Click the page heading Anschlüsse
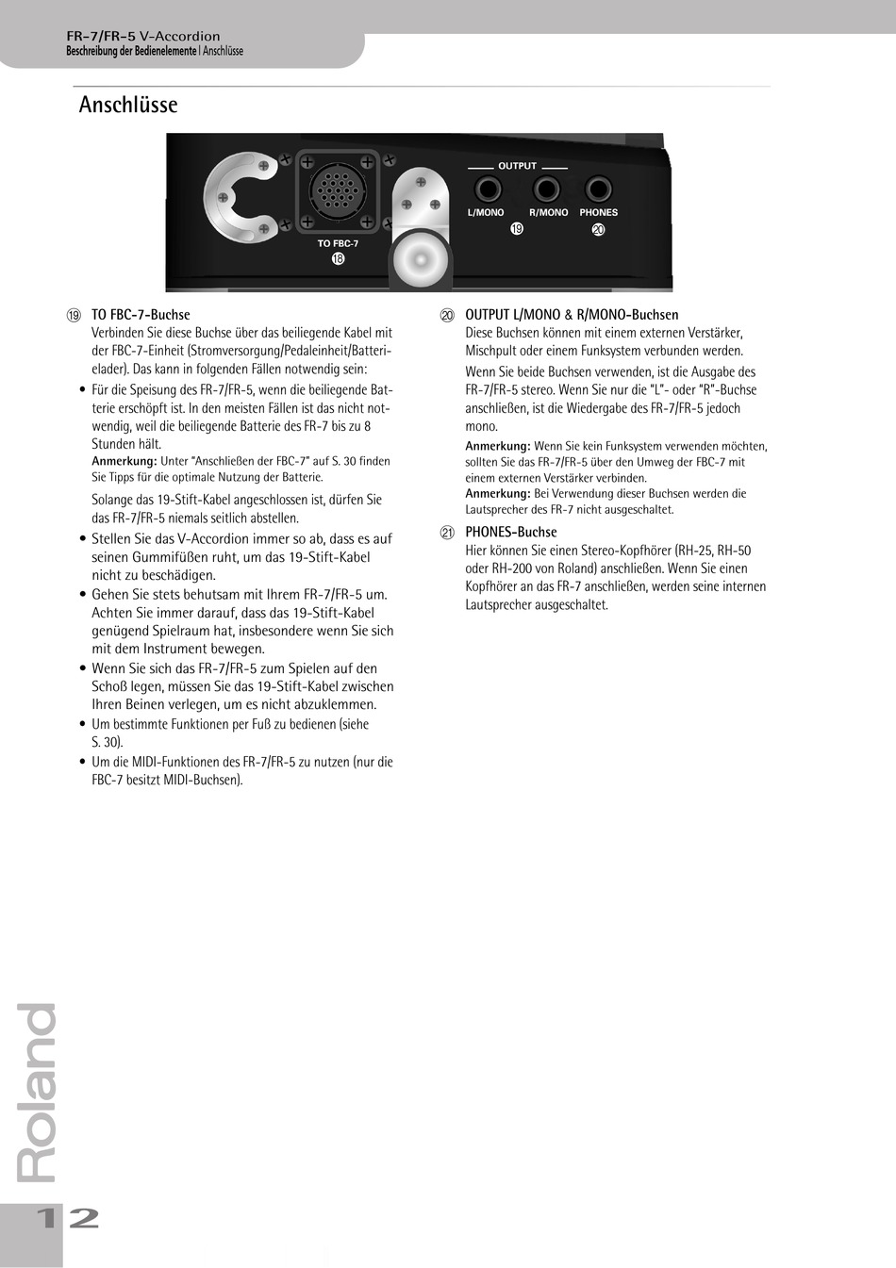pyautogui.click(x=128, y=105)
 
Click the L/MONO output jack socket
pyautogui.click(x=486, y=189)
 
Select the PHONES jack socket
pyautogui.click(x=598, y=189)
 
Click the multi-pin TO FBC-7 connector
pyautogui.click(x=338, y=190)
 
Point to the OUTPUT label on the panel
pyautogui.click(x=517, y=166)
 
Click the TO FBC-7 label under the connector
pyautogui.click(x=338, y=243)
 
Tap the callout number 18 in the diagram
pyautogui.click(x=338, y=258)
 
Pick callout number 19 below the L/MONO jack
pyautogui.click(x=516, y=229)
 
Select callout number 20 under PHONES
pyautogui.click(x=598, y=229)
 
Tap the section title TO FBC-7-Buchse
pyautogui.click(x=141, y=315)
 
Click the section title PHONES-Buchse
pyautogui.click(x=511, y=532)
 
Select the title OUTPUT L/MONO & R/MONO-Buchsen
pyautogui.click(x=572, y=315)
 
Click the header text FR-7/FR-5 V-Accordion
pyautogui.click(x=143, y=36)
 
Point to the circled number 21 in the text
pyautogui.click(x=447, y=533)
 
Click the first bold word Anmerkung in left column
pyautogui.click(x=124, y=461)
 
